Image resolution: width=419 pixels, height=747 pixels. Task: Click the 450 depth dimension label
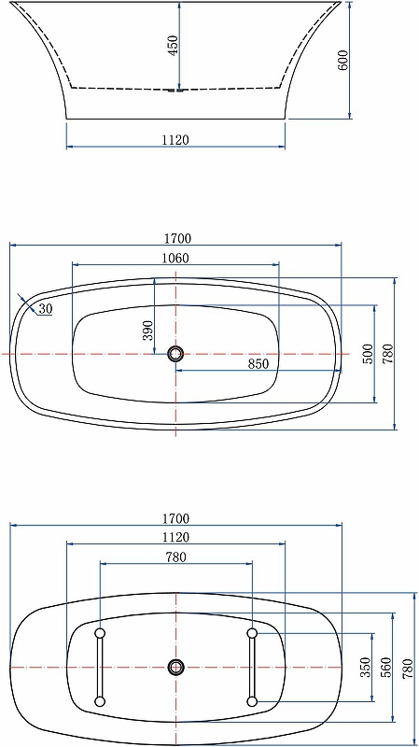(x=174, y=45)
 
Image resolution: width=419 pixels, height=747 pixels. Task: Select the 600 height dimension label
(x=343, y=60)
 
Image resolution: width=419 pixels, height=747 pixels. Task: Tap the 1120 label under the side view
(x=175, y=139)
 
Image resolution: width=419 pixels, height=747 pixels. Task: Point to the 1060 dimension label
(x=175, y=259)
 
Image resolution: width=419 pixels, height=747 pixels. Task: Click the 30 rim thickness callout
(x=46, y=309)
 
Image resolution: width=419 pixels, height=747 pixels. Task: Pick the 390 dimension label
(x=148, y=331)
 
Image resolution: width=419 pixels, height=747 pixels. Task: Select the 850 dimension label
(x=258, y=364)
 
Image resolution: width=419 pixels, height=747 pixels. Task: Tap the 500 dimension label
(x=368, y=354)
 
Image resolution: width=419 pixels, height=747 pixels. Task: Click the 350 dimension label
(x=366, y=667)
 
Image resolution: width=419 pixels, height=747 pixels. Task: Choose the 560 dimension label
(x=386, y=667)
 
